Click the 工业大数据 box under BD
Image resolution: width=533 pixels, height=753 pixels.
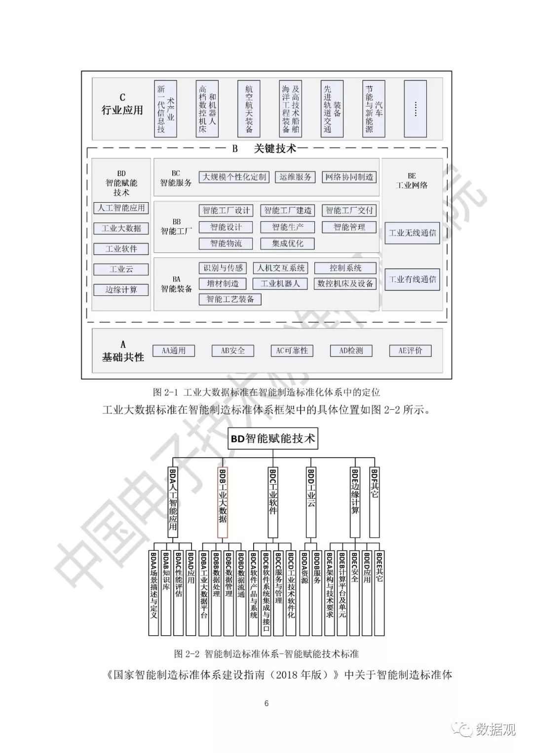click(121, 228)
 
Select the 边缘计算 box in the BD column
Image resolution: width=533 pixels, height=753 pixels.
click(121, 289)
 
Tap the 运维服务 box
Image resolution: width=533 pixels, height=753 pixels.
click(295, 177)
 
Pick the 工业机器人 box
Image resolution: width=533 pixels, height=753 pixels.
click(280, 284)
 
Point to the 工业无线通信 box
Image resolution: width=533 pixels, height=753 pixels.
click(412, 233)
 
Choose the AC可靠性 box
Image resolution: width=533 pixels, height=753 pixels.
click(292, 351)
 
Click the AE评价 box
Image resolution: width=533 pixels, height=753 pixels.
click(410, 351)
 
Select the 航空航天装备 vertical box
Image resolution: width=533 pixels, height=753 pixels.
click(249, 109)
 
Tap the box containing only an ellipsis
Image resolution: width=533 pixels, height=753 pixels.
click(415, 109)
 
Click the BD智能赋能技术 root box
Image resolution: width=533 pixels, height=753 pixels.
click(273, 438)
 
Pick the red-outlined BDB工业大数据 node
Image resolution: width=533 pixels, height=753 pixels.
click(222, 502)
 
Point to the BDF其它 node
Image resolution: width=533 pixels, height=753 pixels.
click(375, 502)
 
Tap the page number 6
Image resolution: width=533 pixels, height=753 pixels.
click(266, 703)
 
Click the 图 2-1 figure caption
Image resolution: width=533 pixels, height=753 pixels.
click(266, 393)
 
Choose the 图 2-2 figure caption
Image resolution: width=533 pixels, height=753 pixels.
click(266, 654)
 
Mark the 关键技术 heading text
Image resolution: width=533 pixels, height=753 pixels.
click(275, 148)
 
